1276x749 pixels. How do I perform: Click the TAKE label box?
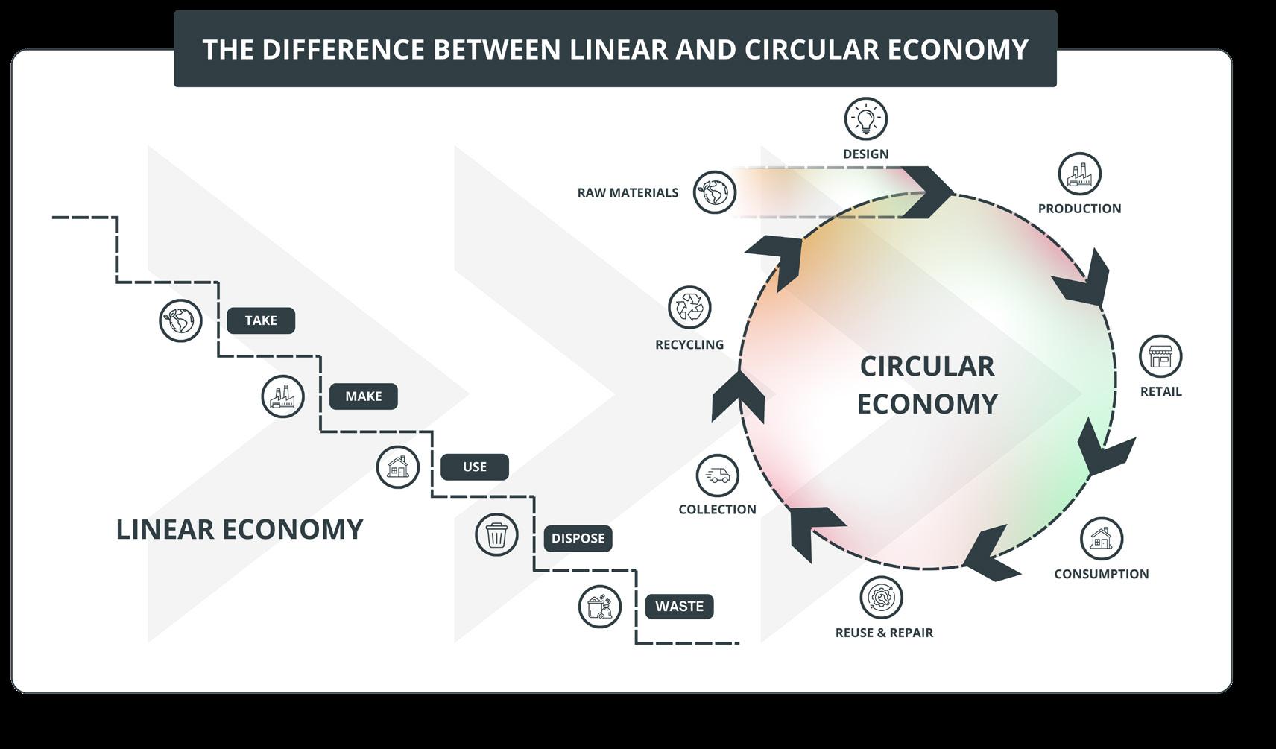(x=261, y=320)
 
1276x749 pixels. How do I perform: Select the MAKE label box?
(x=364, y=396)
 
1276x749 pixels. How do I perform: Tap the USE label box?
(x=475, y=467)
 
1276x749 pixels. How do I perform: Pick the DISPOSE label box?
(x=578, y=538)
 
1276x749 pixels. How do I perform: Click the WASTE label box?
(x=679, y=607)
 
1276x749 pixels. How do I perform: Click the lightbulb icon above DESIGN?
(x=865, y=118)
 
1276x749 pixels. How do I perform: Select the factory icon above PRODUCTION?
(x=1079, y=174)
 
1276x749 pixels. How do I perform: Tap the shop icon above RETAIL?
(x=1160, y=356)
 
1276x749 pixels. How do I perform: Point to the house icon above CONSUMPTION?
(x=1101, y=538)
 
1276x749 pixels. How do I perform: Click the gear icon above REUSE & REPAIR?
(x=881, y=597)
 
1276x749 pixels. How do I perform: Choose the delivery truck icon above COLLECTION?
(x=717, y=475)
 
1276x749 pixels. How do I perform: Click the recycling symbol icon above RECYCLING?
(x=689, y=307)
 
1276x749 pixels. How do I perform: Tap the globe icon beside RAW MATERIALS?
(x=714, y=192)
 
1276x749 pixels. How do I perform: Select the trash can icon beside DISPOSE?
(x=496, y=534)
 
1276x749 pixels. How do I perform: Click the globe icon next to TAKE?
(x=180, y=320)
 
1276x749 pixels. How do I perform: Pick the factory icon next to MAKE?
(x=283, y=396)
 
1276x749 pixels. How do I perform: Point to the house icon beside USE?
(x=398, y=467)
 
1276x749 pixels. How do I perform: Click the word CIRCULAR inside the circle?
(x=927, y=367)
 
